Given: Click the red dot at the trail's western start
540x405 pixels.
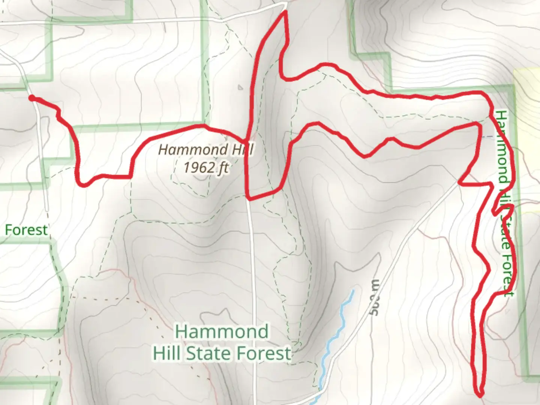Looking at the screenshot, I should pyautogui.click(x=32, y=98).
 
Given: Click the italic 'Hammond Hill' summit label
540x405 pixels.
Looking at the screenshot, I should pyautogui.click(x=205, y=150).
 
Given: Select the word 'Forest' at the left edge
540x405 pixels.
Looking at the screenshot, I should pyautogui.click(x=26, y=230).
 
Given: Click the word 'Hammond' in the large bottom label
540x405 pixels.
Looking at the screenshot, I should pyautogui.click(x=222, y=332).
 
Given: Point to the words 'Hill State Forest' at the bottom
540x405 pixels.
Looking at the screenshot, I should pyautogui.click(x=222, y=353).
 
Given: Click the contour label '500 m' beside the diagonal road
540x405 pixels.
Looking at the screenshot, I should pyautogui.click(x=375, y=298).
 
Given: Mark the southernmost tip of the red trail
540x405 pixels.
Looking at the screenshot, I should pyautogui.click(x=480, y=394).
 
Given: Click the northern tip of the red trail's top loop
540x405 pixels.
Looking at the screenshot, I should pyautogui.click(x=286, y=12).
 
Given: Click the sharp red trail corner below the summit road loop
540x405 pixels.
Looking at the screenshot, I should pyautogui.click(x=249, y=198).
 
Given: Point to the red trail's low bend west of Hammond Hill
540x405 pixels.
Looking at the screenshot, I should pyautogui.click(x=83, y=184).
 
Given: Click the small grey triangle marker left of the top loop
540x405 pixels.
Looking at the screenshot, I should pyautogui.click(x=240, y=88).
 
